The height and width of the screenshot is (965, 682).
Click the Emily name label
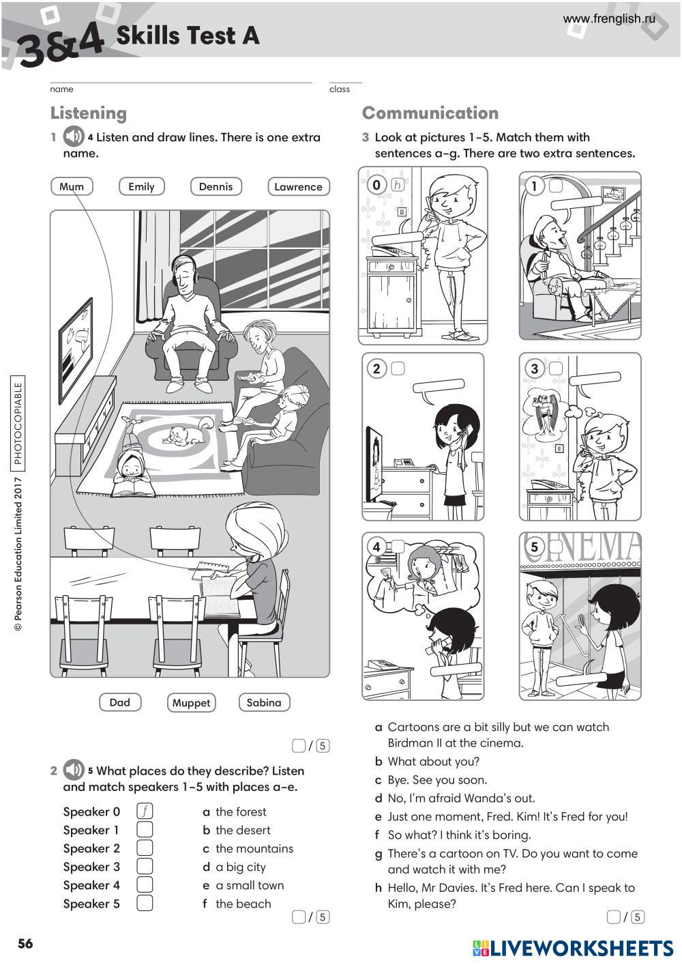click(x=142, y=186)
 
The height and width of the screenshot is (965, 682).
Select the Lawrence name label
click(x=299, y=186)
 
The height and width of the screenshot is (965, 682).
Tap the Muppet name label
click(x=191, y=703)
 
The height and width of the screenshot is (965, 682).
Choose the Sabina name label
click(x=264, y=702)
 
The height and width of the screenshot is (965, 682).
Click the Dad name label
click(x=120, y=702)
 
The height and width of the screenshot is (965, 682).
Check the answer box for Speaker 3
click(x=145, y=866)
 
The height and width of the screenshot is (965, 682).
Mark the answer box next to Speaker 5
click(x=145, y=903)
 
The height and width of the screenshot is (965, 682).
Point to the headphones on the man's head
click(x=184, y=270)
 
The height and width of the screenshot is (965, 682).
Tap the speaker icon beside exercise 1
click(x=74, y=136)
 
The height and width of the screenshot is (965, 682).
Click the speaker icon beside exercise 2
click(x=74, y=769)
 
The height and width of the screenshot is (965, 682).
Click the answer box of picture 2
click(x=398, y=369)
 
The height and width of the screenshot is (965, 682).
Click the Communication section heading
click(x=430, y=113)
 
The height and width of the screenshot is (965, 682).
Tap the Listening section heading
click(x=89, y=113)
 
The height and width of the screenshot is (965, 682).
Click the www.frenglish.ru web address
click(x=609, y=18)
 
